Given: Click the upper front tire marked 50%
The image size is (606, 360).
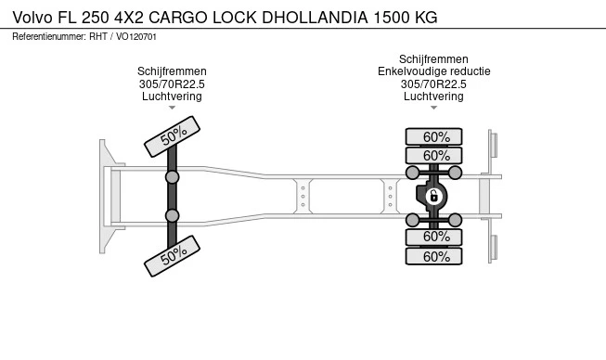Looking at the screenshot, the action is click(172, 136).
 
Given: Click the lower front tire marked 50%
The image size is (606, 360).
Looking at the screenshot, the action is click(172, 256).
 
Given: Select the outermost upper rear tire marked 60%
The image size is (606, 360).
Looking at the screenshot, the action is click(433, 136).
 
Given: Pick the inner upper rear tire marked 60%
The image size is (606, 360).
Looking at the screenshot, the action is click(433, 156).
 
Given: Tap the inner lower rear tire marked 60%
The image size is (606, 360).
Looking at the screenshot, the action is click(433, 237).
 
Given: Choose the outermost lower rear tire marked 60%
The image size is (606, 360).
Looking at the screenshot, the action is click(433, 256).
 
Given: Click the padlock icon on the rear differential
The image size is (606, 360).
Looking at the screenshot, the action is click(433, 197).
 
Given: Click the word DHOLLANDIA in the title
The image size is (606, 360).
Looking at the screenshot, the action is click(315, 18).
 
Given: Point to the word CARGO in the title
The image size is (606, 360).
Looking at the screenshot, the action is click(178, 18).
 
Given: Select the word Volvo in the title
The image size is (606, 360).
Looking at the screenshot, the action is click(32, 18).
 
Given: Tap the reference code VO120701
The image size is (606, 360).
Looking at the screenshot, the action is click(136, 37).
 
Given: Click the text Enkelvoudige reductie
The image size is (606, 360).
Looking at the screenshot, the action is click(434, 71).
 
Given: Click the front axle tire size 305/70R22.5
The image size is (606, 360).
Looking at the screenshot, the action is click(172, 84).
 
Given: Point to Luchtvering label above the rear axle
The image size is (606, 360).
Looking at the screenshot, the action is click(433, 96).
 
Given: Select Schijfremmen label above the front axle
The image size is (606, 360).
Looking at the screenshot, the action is click(172, 71).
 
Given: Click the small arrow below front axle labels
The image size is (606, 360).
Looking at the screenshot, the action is click(172, 108).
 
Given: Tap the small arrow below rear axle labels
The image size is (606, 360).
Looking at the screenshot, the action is click(433, 108).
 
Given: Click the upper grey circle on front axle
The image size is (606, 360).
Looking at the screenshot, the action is click(172, 177).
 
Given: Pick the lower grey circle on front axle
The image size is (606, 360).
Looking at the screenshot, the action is click(172, 215).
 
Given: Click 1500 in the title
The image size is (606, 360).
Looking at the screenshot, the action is click(392, 18).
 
